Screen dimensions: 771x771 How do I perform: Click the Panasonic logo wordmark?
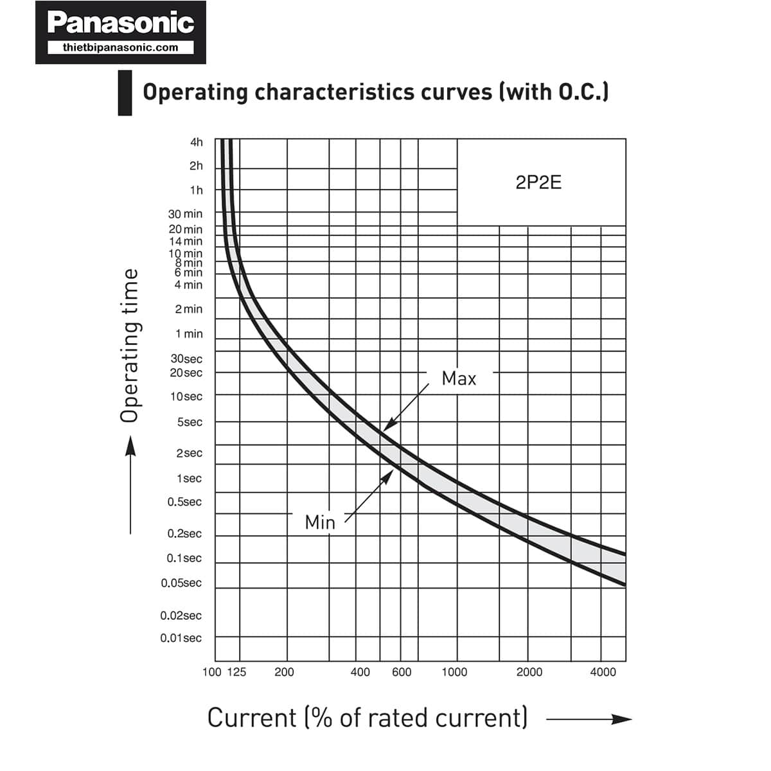(121, 23)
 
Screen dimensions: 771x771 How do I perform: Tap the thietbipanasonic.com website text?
(121, 47)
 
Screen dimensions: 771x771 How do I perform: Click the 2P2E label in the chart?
(538, 183)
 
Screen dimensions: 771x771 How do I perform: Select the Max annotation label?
(459, 378)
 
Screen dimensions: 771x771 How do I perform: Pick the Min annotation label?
(320, 522)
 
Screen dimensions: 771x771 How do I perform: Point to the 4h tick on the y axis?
(196, 142)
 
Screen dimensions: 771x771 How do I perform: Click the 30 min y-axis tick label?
(185, 214)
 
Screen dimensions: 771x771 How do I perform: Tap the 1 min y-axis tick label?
(189, 334)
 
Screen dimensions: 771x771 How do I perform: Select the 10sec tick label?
(186, 396)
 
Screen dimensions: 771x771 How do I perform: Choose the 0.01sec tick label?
(181, 638)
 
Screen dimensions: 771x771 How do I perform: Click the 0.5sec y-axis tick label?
(184, 502)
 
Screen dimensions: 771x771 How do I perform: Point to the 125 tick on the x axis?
(236, 672)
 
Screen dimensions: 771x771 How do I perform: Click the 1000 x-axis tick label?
(454, 672)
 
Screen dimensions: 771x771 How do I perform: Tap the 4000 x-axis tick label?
(603, 672)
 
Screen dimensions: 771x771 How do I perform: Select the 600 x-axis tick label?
(402, 672)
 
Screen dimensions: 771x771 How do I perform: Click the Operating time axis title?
(129, 346)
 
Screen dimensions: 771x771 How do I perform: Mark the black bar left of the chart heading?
(125, 93)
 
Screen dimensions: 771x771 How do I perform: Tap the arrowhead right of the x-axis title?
(622, 719)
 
